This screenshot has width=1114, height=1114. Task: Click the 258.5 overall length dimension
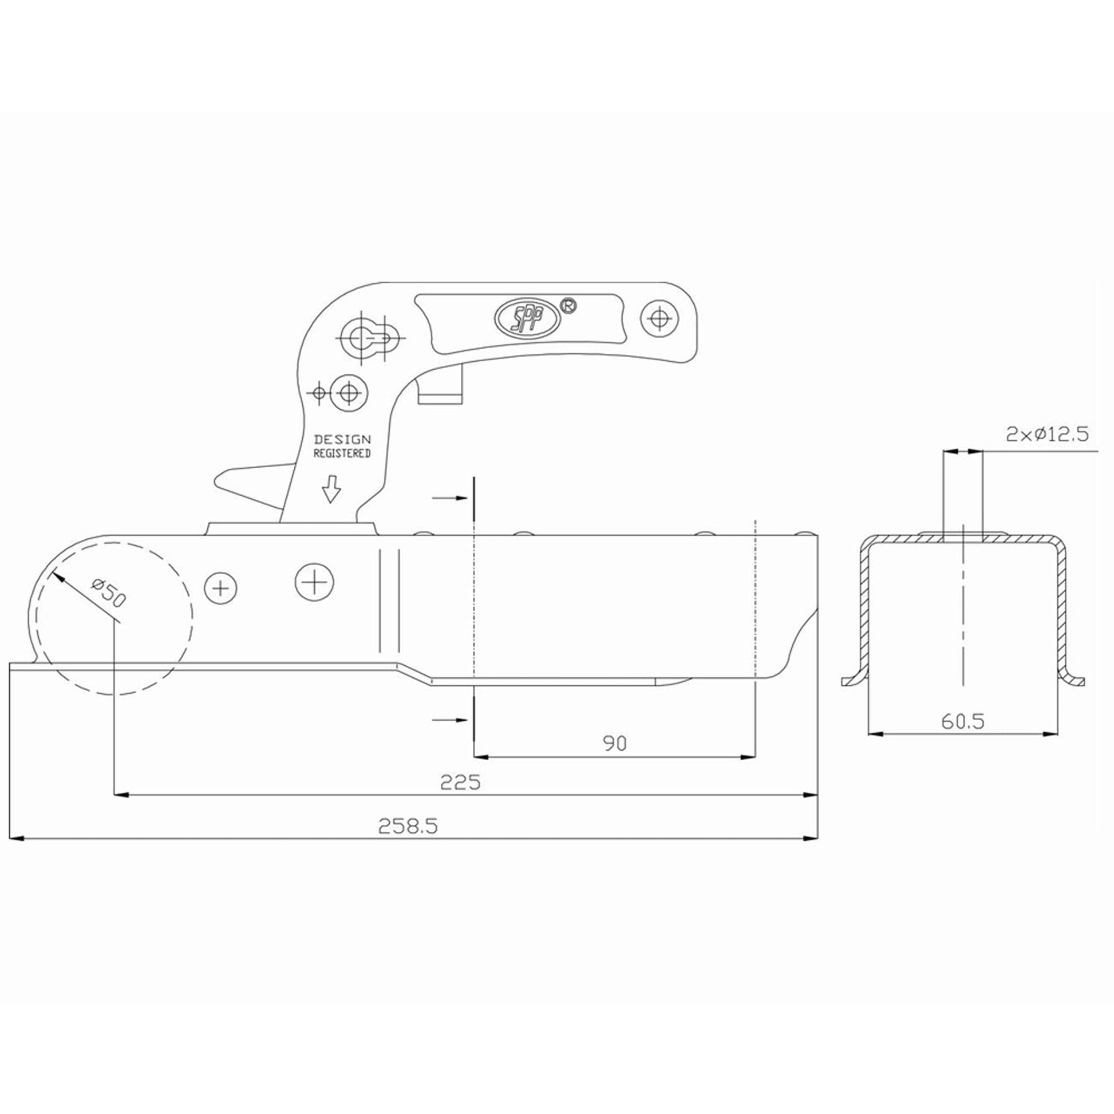(x=408, y=826)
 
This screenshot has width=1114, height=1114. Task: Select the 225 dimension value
(x=460, y=783)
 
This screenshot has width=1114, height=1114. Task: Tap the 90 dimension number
(x=615, y=744)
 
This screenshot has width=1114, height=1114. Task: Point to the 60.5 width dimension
(x=963, y=721)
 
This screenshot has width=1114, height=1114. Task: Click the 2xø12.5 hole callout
(x=1047, y=434)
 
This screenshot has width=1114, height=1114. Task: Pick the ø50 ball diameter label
(x=108, y=594)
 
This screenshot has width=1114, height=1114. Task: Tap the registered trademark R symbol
(x=568, y=306)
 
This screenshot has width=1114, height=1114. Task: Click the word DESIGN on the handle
(x=342, y=440)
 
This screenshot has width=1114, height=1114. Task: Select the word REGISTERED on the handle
(x=342, y=454)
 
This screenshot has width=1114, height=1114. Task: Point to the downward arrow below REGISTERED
(x=331, y=489)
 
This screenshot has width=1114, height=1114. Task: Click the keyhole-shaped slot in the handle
(x=370, y=337)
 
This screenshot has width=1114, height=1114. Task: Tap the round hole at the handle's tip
(x=660, y=318)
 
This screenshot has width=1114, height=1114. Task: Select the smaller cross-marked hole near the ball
(x=221, y=588)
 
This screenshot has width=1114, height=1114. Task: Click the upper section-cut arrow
(x=449, y=497)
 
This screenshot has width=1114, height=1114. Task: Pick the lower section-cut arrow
(x=449, y=720)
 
